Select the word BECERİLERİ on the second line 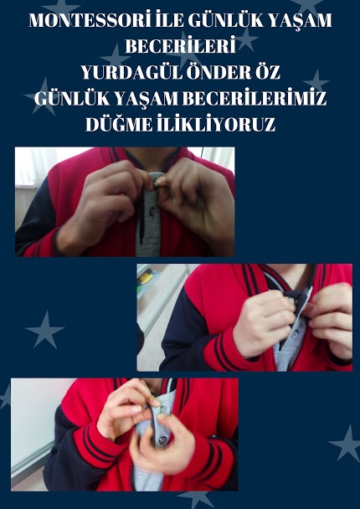[180, 47]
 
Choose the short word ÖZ [267, 73]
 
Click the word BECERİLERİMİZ [255, 99]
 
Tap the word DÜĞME [119, 125]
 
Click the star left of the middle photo [45, 329]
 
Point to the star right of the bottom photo [347, 443]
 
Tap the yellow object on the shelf [146, 279]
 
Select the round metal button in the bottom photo [162, 440]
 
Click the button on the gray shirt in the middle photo [296, 334]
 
